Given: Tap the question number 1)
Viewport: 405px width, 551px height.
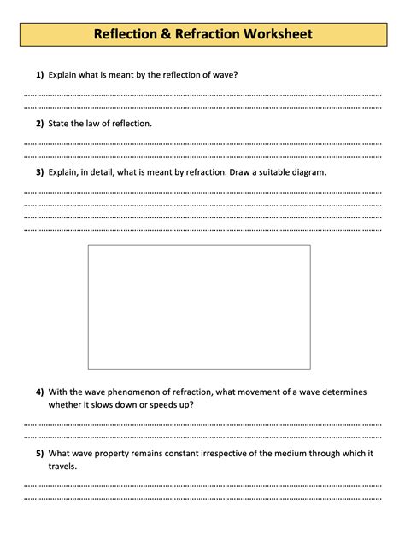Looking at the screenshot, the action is coord(39,75).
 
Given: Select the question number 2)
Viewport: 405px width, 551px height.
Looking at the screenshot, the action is coord(39,124).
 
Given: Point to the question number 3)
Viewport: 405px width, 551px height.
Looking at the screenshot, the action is coord(39,172).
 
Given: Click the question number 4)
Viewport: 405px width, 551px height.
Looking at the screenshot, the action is coord(39,392).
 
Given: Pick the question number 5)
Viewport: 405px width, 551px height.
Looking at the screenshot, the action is coord(39,453).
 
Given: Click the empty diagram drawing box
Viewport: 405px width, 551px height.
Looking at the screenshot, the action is coord(199,307).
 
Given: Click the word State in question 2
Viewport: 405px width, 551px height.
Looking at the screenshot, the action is coord(60,124).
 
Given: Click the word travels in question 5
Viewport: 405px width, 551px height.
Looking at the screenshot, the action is coord(62,467).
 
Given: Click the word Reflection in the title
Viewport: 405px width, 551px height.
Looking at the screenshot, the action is coord(125,35).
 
